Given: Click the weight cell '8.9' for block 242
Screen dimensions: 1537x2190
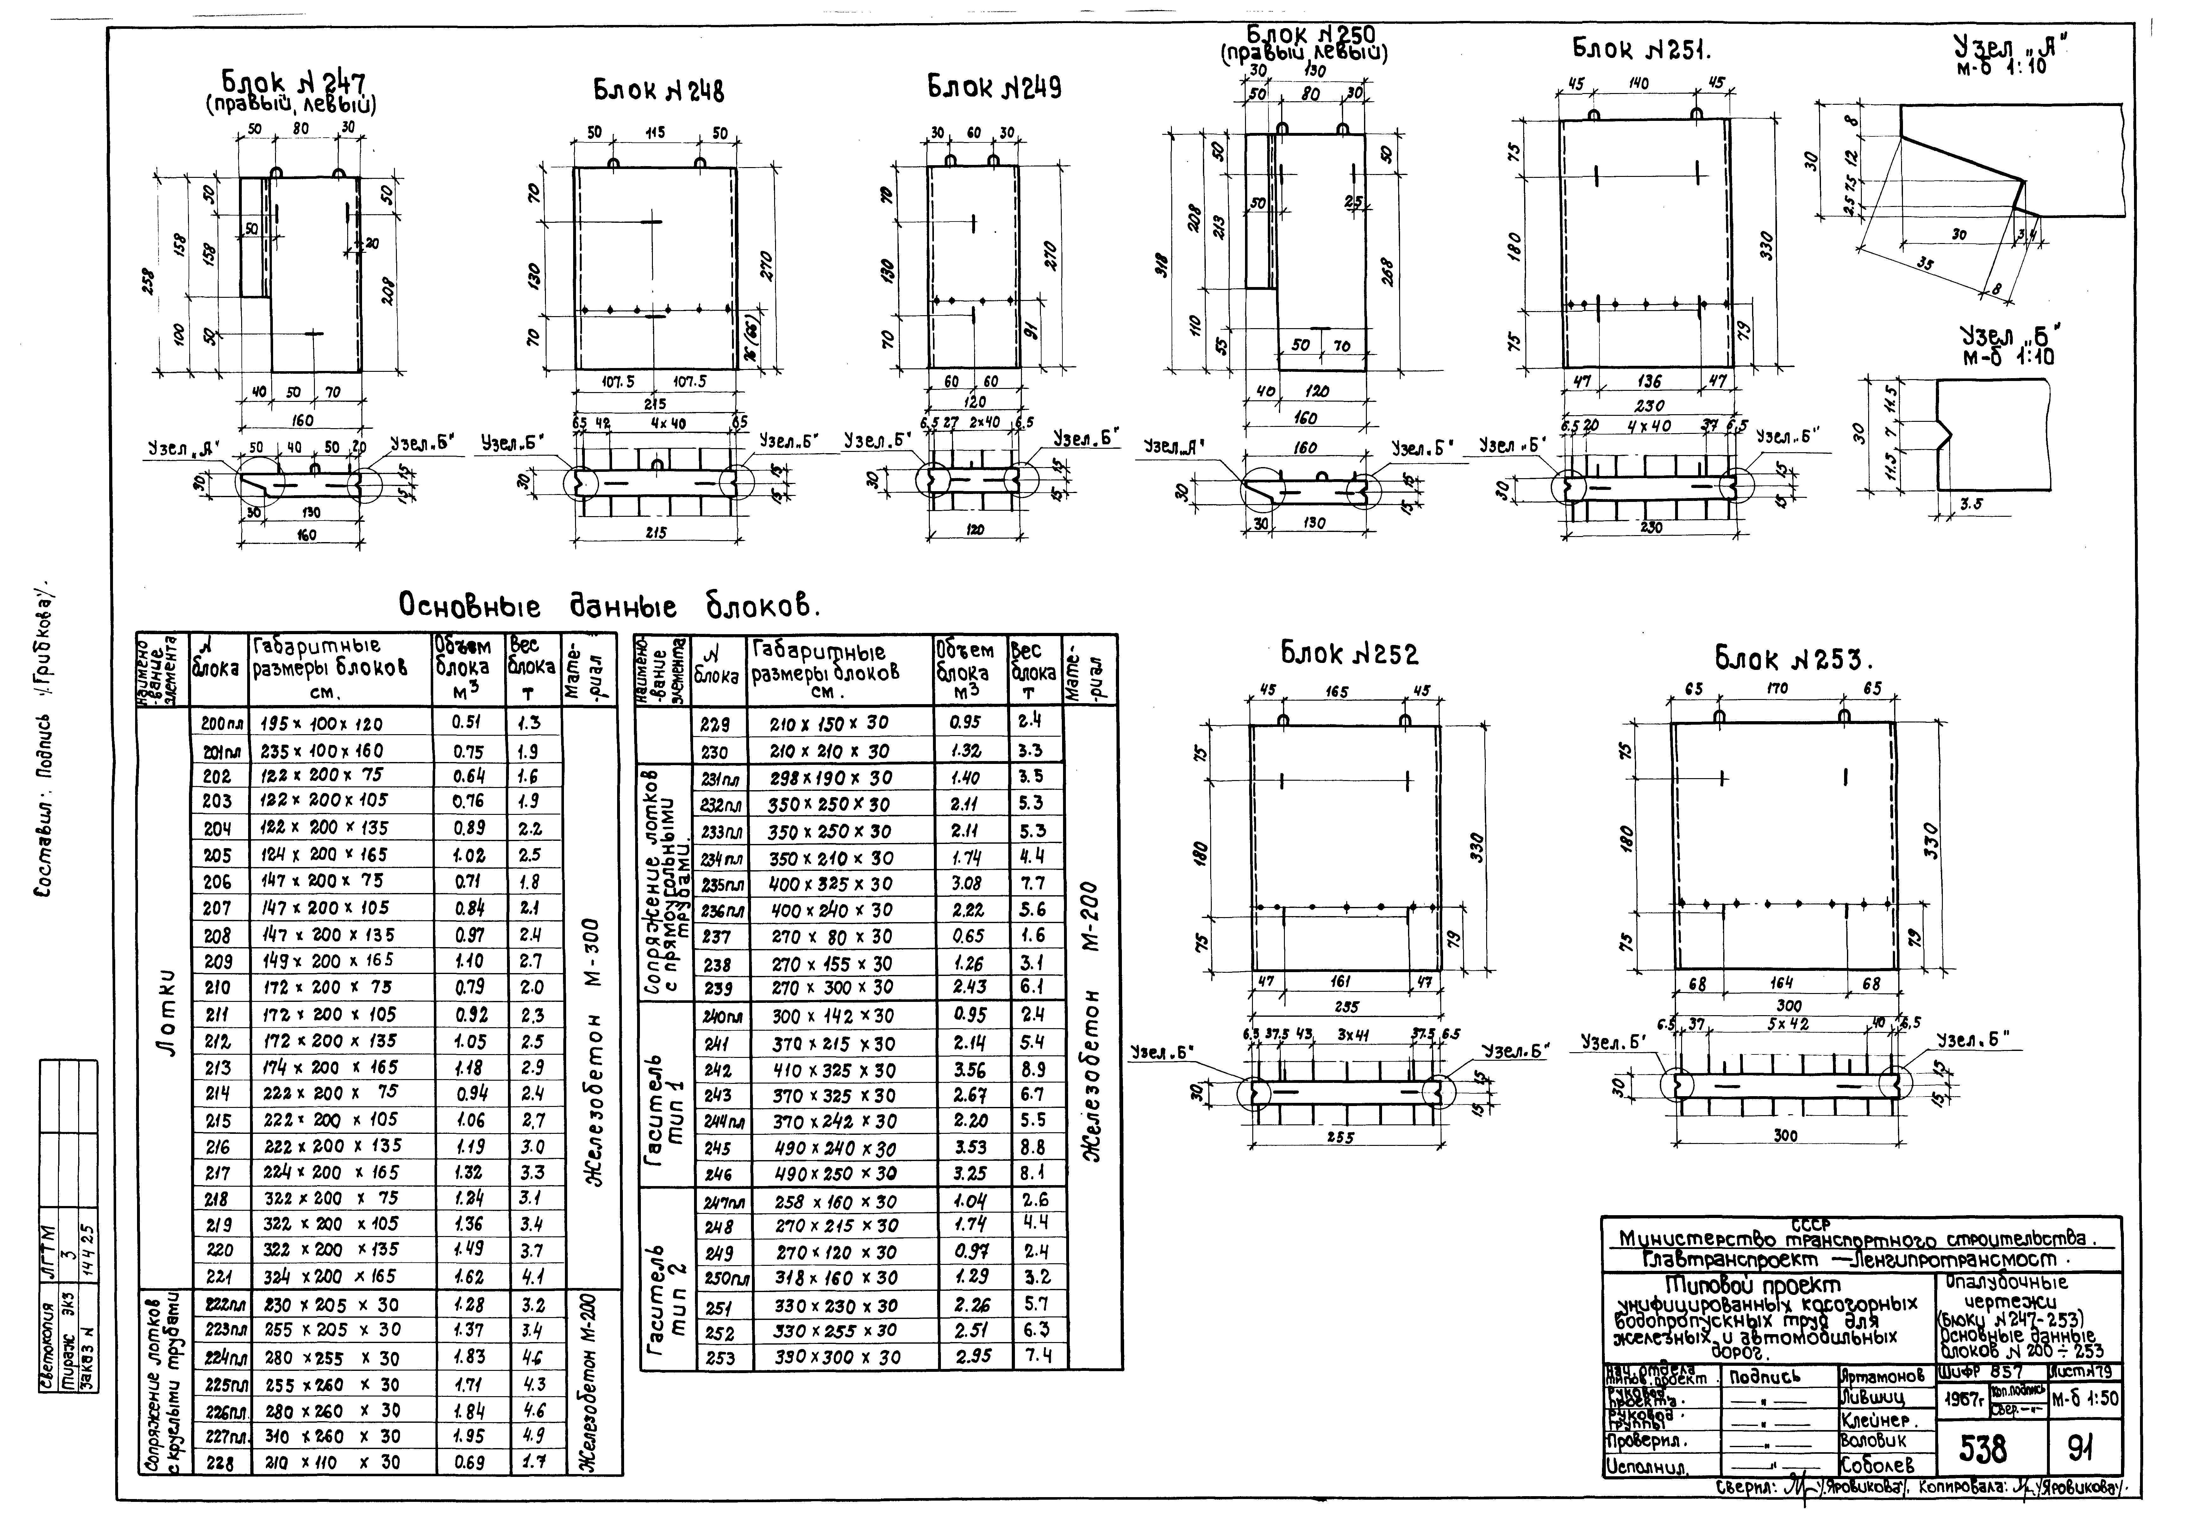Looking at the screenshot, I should (x=1033, y=1070).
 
